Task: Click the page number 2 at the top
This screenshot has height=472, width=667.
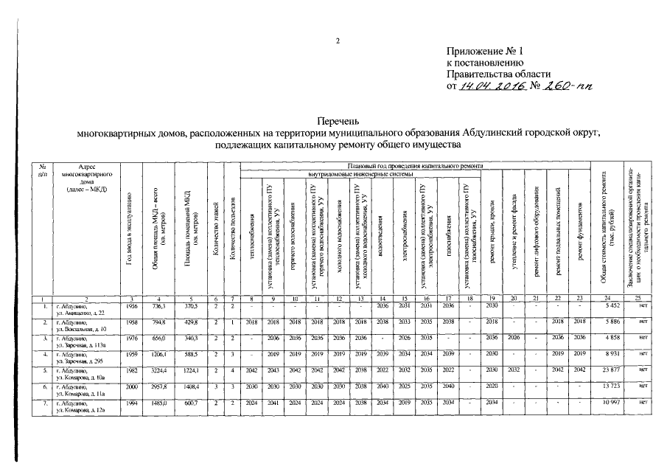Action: pos(338,41)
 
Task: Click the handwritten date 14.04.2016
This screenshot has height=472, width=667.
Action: pos(492,86)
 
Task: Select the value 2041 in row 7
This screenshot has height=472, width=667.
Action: pos(272,404)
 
